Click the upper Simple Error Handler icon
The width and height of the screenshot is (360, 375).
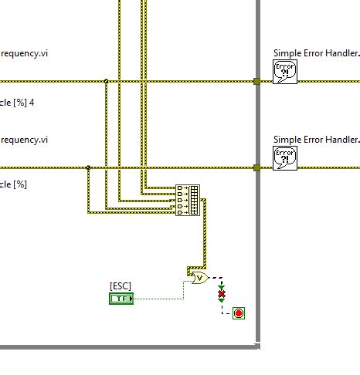[x=285, y=73]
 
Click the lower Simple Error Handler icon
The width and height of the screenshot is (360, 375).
[x=285, y=158]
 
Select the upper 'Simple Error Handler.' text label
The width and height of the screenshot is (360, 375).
[x=316, y=53]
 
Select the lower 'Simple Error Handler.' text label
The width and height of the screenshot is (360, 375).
[x=316, y=140]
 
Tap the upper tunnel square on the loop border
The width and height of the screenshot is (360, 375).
[x=256, y=81]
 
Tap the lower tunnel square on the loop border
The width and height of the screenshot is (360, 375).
[x=256, y=167]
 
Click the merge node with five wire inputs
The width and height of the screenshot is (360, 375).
[x=187, y=199]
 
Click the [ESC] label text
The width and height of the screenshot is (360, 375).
[x=121, y=286]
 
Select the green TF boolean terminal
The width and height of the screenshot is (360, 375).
[x=121, y=298]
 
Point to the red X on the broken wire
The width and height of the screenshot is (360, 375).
[x=222, y=295]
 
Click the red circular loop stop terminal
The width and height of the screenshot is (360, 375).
[x=239, y=313]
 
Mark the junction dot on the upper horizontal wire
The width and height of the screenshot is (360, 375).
[x=106, y=81]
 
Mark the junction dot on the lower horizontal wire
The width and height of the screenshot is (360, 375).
[x=88, y=167]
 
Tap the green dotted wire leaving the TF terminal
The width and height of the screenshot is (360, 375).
[x=158, y=298]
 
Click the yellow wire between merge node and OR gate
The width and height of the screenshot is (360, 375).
[x=205, y=239]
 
